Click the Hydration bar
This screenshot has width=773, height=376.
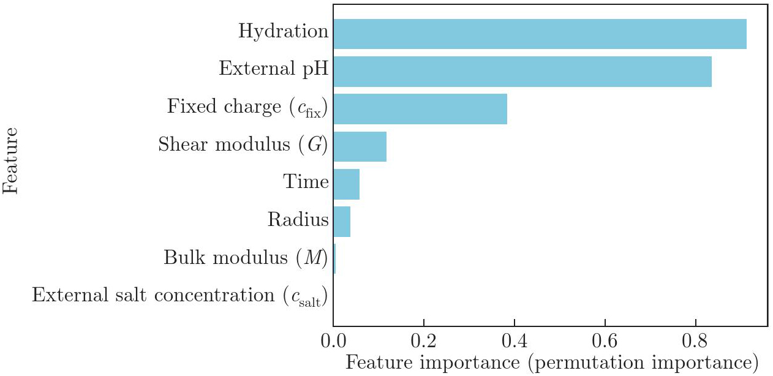(539, 34)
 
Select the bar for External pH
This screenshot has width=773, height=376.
(522, 72)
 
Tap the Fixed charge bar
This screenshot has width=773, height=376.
(420, 109)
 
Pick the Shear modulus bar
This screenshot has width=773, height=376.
(360, 146)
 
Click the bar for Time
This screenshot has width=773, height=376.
(346, 184)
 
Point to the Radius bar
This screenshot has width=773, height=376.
(342, 222)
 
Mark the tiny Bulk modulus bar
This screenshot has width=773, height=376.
(334, 259)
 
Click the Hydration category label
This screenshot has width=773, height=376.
(283, 31)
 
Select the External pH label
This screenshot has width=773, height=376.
(273, 69)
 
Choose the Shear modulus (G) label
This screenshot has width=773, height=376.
(243, 145)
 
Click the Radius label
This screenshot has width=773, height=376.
(298, 219)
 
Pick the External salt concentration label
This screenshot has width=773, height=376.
(179, 296)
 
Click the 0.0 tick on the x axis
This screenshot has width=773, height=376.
(333, 339)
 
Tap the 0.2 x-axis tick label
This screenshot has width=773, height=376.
(423, 339)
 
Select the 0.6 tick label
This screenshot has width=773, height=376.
(605, 339)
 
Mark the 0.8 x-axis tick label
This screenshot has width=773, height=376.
(695, 339)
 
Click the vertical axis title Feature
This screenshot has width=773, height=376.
(11, 160)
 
